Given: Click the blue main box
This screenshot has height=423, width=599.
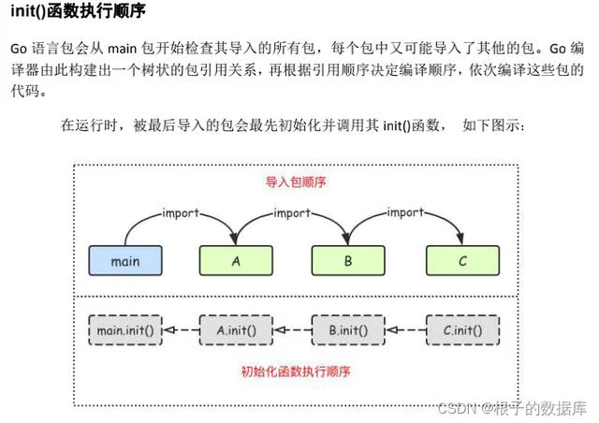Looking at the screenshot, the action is point(125,260).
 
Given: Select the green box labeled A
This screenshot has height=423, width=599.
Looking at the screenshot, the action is point(236,260).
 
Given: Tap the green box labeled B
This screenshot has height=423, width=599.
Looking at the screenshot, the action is point(348,260).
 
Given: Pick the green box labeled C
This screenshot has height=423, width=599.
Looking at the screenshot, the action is point(462,260).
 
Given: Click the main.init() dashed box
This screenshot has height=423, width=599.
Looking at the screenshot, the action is point(125,330).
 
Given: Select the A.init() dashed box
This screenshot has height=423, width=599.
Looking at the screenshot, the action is point(236,330).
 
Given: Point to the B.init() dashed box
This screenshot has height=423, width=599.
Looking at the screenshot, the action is point(348,330).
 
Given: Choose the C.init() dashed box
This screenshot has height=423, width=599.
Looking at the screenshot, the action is point(462,330).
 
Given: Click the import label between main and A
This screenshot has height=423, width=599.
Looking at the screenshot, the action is point(181,212).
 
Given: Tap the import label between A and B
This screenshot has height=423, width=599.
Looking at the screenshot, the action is point(292,212).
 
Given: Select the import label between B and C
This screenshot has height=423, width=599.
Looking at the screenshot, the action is point(405,212).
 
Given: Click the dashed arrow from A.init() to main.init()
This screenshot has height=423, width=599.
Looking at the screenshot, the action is point(181,330).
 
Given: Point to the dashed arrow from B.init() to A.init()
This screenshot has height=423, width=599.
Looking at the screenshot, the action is point(293,330).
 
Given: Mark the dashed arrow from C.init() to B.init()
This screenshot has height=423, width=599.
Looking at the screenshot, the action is point(405,330).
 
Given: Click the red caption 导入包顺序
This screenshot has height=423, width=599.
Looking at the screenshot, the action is point(296,182).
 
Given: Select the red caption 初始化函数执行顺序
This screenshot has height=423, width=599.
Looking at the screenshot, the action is point(296,371).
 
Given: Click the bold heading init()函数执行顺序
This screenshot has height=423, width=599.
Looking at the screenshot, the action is point(79,10).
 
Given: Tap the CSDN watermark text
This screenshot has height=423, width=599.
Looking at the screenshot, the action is point(512,408).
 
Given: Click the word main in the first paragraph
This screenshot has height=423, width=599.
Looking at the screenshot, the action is point(123,49).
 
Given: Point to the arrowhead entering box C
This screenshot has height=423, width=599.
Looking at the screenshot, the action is point(460,239).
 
